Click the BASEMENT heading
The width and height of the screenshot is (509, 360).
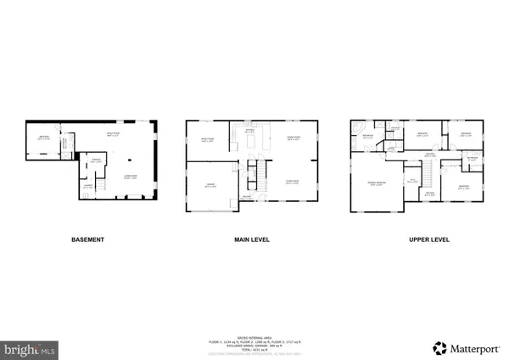click(x=87, y=240)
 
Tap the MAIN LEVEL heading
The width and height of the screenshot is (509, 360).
click(x=252, y=240)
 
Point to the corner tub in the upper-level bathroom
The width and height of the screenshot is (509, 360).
click(x=357, y=127)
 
